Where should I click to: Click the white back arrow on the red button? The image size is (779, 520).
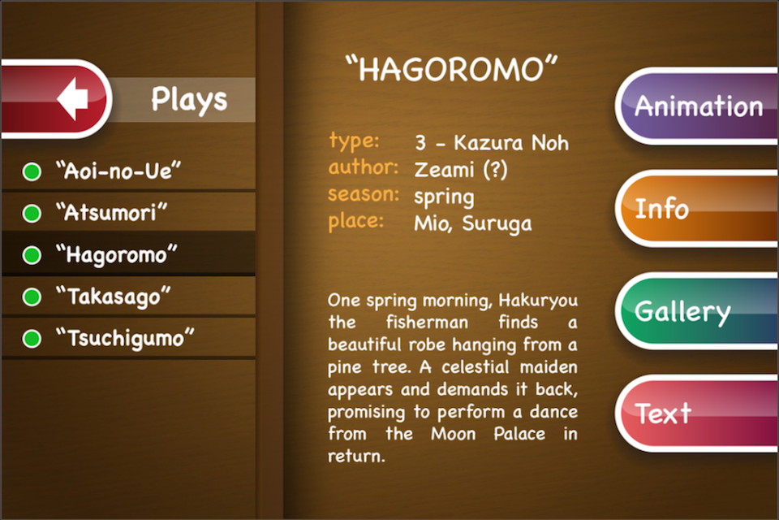[72, 98]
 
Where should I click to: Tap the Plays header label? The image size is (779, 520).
[189, 99]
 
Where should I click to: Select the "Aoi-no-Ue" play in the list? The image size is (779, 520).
[118, 171]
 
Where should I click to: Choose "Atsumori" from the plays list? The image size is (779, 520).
[111, 213]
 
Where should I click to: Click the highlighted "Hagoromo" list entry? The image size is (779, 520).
[116, 254]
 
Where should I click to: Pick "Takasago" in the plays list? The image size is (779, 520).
[114, 296]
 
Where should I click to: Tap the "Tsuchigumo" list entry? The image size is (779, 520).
[125, 338]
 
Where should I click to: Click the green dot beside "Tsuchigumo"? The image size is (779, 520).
[32, 338]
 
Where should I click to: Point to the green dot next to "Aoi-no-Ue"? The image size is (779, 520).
[32, 171]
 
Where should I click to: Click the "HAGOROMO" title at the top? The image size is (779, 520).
[452, 68]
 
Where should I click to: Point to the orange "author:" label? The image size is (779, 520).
[364, 167]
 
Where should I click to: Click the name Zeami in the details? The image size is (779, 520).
[444, 170]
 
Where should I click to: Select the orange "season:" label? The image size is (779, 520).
[364, 193]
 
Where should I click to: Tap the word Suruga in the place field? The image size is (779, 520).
[497, 224]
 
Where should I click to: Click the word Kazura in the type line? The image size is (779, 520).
[488, 143]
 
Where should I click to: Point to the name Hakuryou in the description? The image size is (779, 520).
[538, 301]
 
